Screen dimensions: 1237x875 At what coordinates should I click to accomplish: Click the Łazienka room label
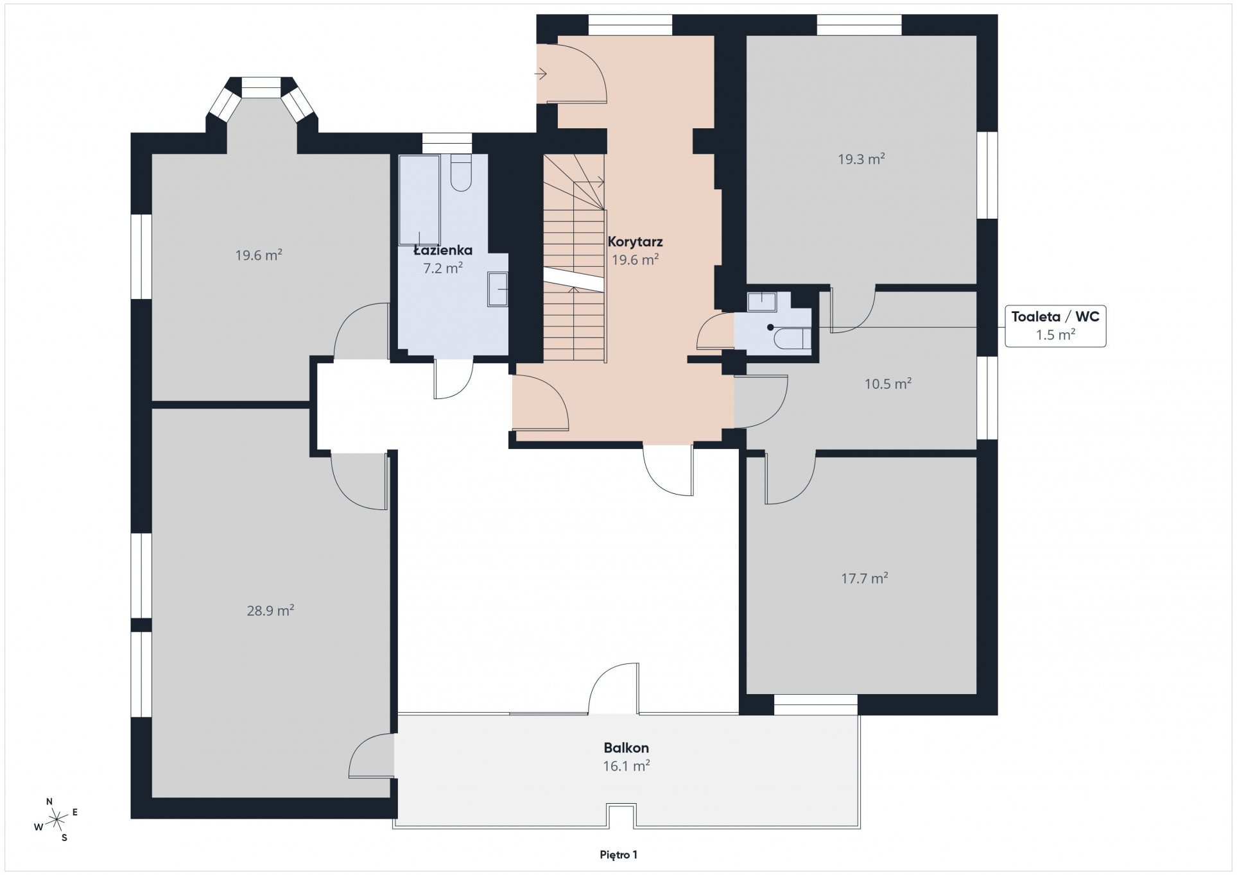pyautogui.click(x=443, y=250)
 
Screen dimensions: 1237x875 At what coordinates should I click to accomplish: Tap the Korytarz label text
pyautogui.click(x=635, y=242)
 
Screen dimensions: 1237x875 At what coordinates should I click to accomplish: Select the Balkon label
pyautogui.click(x=626, y=747)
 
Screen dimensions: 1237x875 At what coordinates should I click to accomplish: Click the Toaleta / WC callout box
pyautogui.click(x=1055, y=327)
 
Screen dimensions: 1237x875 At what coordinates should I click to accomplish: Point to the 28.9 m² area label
pyautogui.click(x=270, y=610)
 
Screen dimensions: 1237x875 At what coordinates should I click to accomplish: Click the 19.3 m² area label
pyautogui.click(x=861, y=158)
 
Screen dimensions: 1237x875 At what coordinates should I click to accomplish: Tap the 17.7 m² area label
pyautogui.click(x=864, y=578)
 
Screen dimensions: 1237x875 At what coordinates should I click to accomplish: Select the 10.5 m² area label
pyautogui.click(x=888, y=384)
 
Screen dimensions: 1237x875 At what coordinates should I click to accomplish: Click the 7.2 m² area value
pyautogui.click(x=443, y=268)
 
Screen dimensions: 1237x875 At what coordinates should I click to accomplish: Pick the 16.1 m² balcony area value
pyautogui.click(x=626, y=765)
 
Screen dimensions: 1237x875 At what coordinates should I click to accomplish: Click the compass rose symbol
pyautogui.click(x=57, y=819)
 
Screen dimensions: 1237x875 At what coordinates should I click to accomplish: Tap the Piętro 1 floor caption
pyautogui.click(x=618, y=854)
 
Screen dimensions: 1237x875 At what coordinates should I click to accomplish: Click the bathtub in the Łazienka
pyautogui.click(x=419, y=200)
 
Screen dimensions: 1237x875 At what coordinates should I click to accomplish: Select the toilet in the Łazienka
pyautogui.click(x=461, y=172)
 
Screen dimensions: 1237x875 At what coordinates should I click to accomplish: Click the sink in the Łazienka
pyautogui.click(x=497, y=289)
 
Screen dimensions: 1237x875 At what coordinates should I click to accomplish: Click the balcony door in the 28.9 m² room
pyautogui.click(x=372, y=756)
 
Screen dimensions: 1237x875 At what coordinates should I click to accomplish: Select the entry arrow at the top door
pyautogui.click(x=541, y=74)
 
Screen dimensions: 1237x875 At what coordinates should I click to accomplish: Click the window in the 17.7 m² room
pyautogui.click(x=815, y=704)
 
